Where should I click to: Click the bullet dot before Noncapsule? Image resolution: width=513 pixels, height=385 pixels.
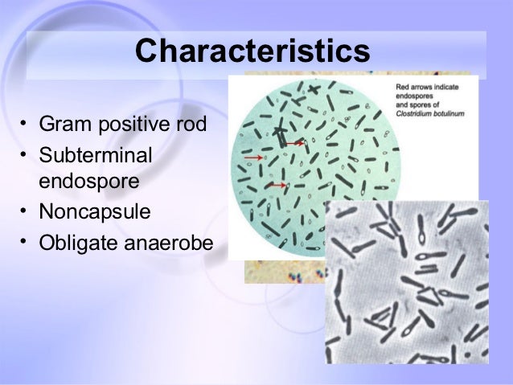click(25, 212)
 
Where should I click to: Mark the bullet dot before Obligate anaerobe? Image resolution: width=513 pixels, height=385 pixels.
click(25, 240)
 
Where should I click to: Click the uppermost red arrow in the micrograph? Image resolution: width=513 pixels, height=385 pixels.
click(293, 144)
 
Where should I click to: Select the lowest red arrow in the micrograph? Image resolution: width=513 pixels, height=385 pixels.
click(277, 186)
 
